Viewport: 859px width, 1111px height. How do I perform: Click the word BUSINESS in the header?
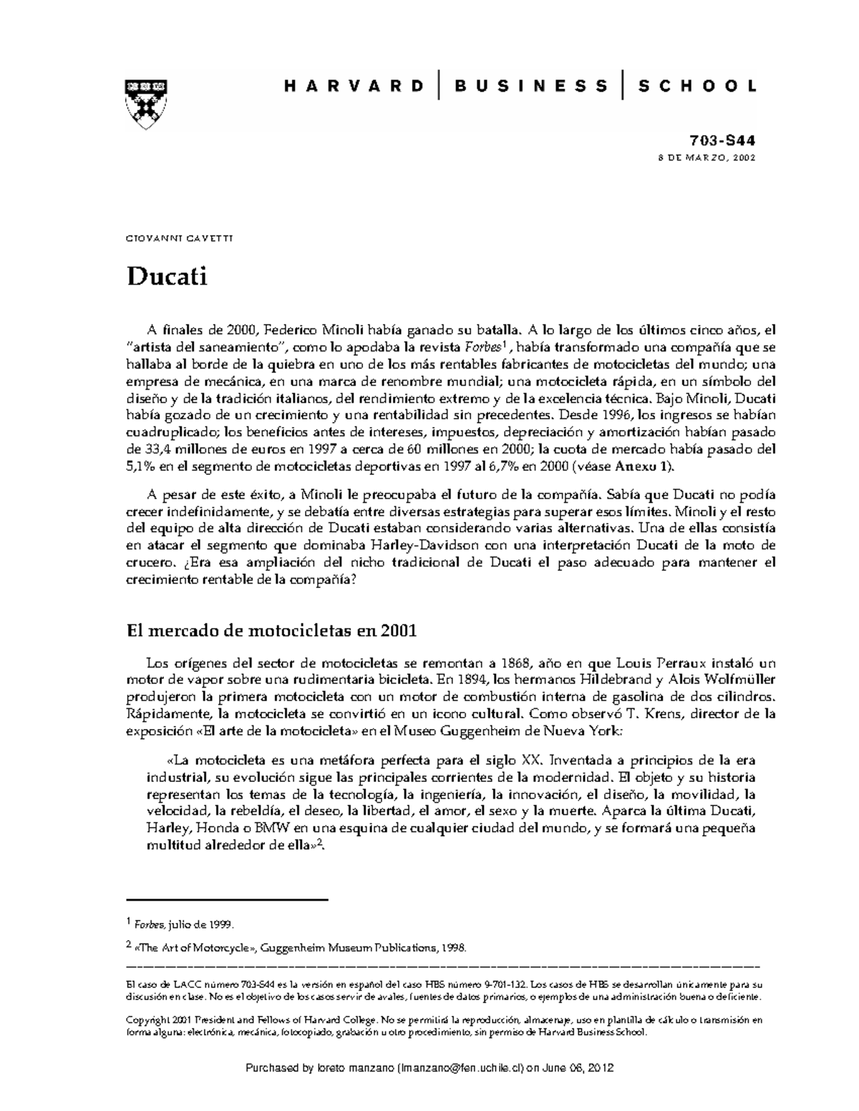point(530,87)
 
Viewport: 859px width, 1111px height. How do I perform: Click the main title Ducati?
point(167,276)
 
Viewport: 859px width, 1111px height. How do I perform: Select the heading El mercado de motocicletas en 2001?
point(271,631)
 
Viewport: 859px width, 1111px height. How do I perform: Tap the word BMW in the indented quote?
point(271,828)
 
